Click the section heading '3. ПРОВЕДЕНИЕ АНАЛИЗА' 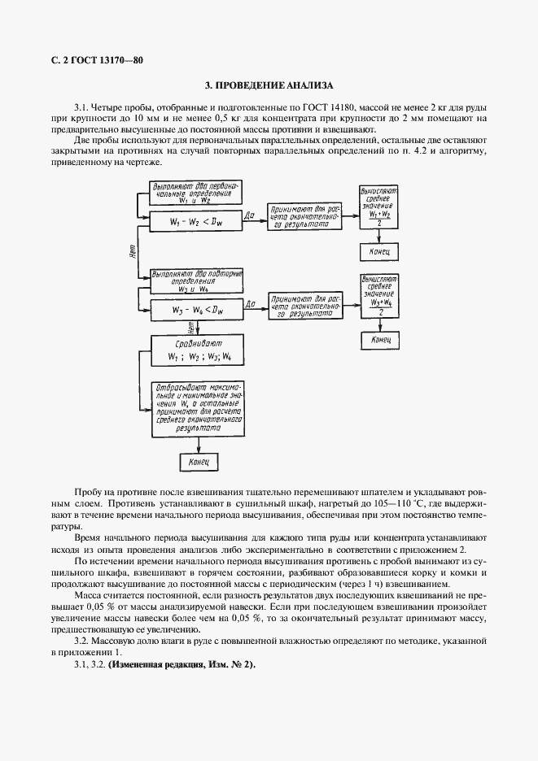[x=269, y=85]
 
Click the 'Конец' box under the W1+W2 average [x=378, y=253]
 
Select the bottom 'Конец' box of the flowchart [x=199, y=462]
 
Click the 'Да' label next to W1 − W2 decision [x=250, y=215]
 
